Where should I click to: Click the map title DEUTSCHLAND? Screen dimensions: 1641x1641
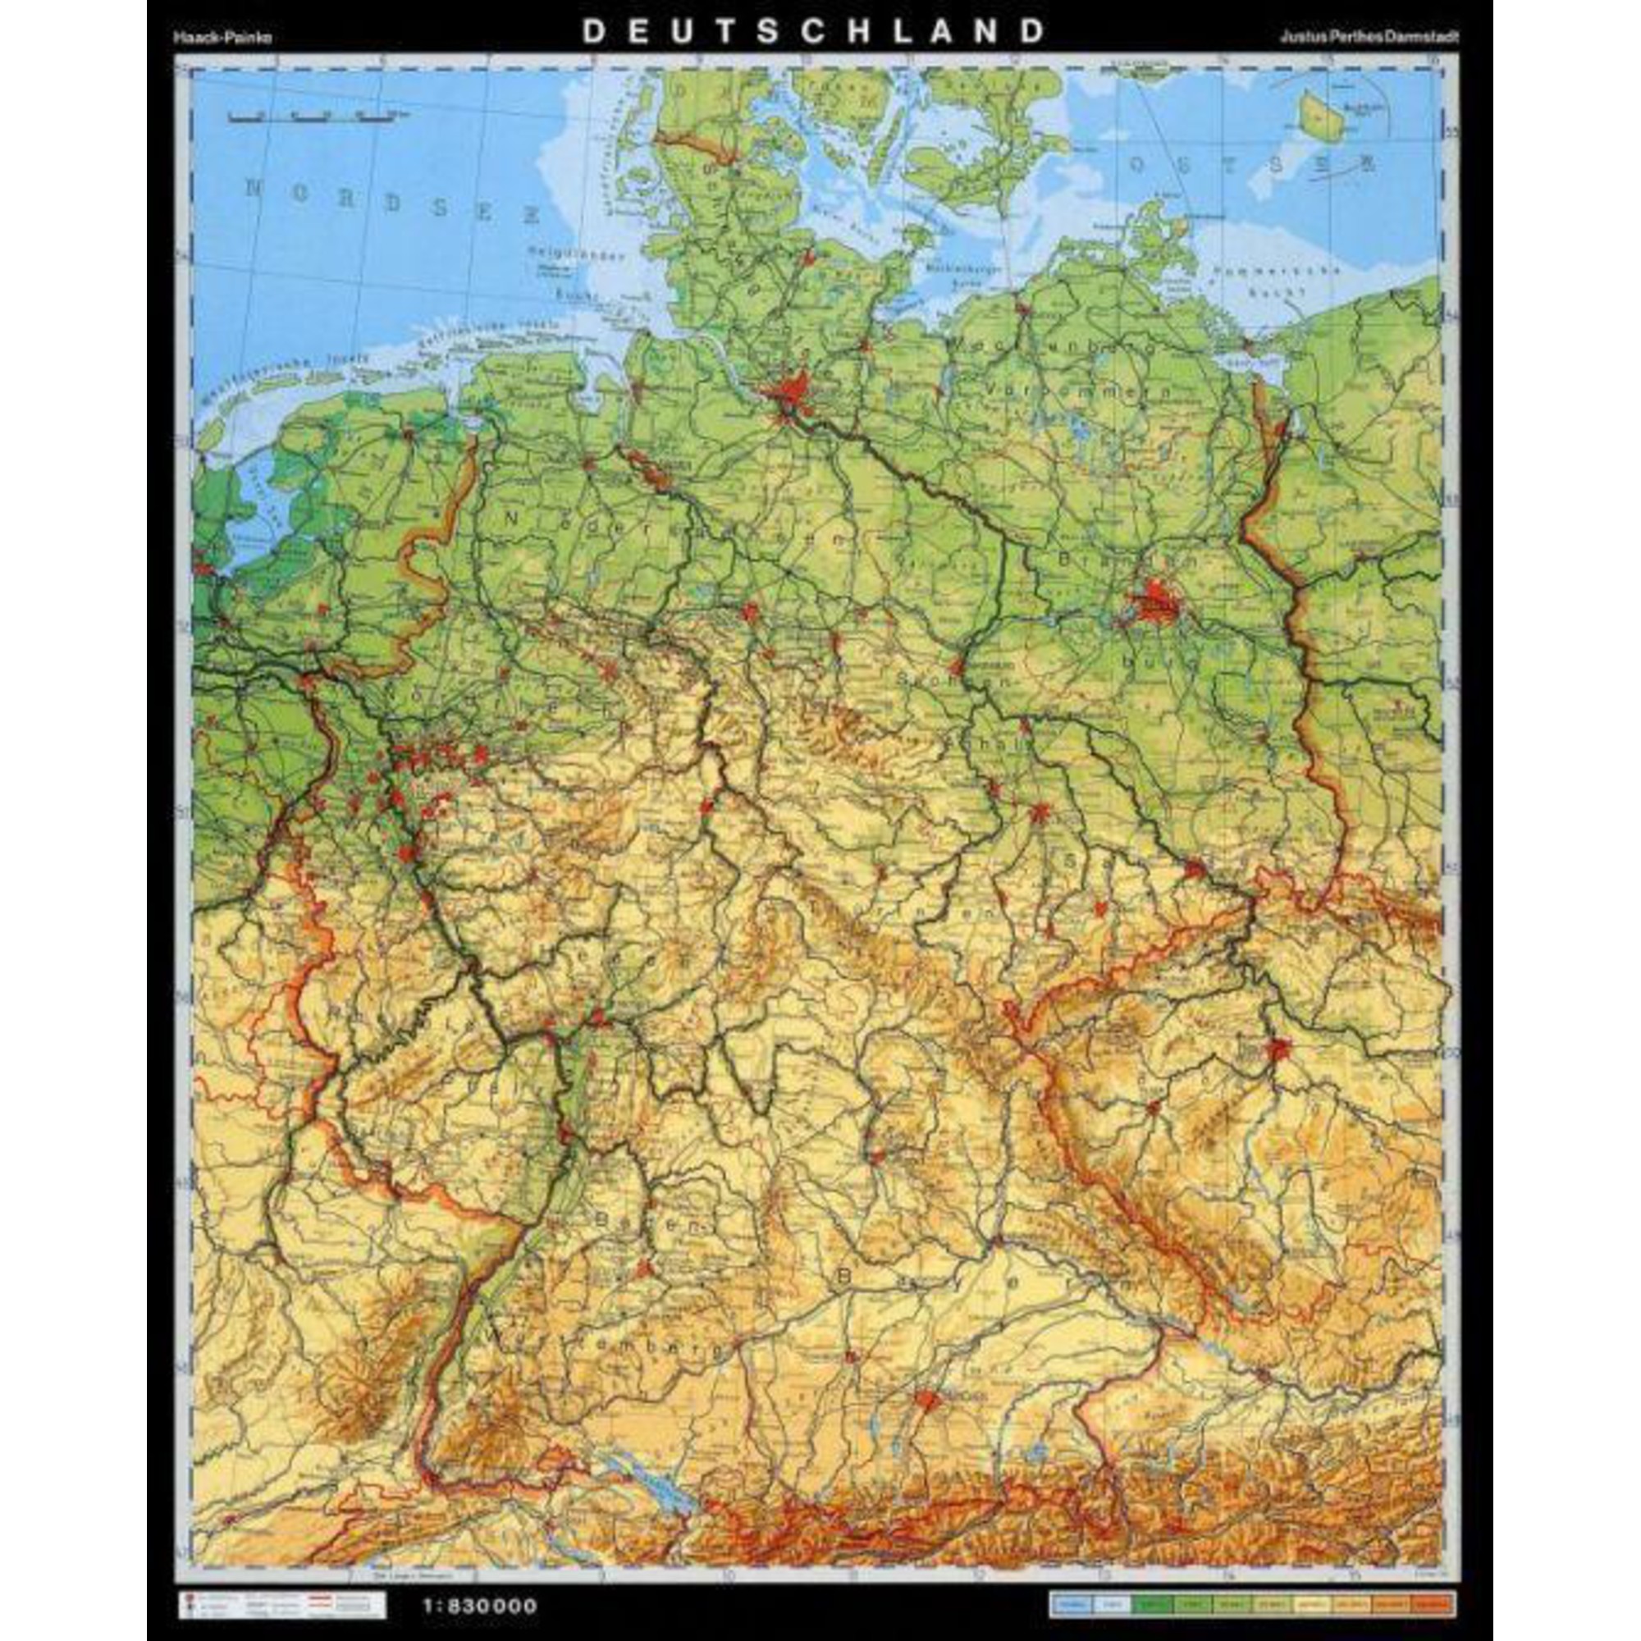coord(813,31)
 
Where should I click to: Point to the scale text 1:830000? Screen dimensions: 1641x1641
coord(480,1582)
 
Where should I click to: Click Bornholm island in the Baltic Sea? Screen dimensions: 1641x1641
coord(1322,116)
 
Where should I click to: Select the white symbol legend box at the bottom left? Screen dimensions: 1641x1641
coord(281,1582)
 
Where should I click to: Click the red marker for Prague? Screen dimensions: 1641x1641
coord(1277,1051)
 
